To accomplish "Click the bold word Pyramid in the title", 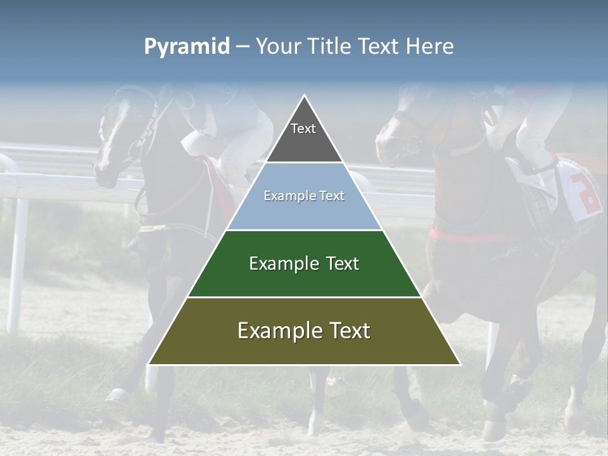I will (186, 47).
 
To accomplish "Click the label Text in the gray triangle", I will (303, 129).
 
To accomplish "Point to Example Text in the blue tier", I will (304, 196).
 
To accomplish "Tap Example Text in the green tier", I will (304, 263).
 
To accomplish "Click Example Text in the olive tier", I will (304, 331).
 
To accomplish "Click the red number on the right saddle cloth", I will (586, 193).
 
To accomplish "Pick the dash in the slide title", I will (243, 47).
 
